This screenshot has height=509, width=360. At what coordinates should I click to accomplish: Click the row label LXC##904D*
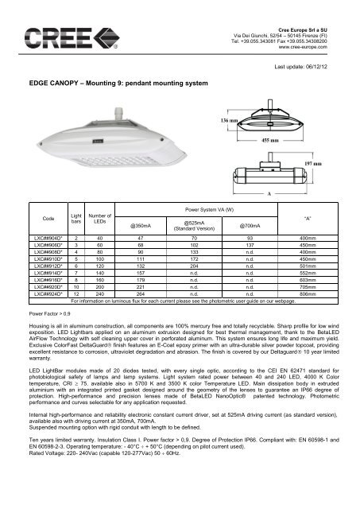click(x=46, y=238)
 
